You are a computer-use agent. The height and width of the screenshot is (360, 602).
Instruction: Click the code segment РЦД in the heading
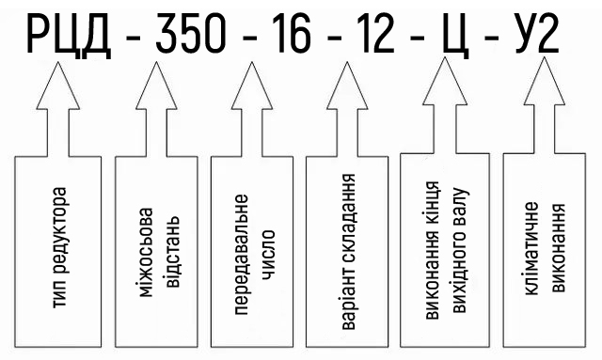[69, 35]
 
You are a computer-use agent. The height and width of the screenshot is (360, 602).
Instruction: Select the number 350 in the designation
[190, 34]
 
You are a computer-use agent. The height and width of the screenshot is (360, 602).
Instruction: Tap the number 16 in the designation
[294, 34]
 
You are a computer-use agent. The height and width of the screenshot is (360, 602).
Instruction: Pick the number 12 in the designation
[376, 34]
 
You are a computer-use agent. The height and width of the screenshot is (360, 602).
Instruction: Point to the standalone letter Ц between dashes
[456, 37]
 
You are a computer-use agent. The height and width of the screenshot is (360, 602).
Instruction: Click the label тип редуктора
[59, 247]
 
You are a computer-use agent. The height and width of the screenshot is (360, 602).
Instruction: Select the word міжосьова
[146, 253]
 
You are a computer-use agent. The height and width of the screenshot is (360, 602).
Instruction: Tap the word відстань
[172, 252]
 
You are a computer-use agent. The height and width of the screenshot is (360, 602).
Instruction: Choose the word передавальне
[241, 255]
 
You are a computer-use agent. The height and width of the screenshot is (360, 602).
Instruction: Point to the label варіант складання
[348, 252]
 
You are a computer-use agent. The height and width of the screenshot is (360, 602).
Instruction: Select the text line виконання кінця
[433, 250]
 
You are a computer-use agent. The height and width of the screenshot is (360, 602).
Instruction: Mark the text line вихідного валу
[459, 250]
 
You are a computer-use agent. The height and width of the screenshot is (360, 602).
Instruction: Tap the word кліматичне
[531, 249]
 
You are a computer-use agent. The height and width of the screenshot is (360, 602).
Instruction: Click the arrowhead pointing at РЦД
[58, 86]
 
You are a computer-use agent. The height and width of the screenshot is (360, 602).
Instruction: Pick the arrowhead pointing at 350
[156, 86]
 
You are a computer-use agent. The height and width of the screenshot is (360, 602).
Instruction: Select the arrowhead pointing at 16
[252, 86]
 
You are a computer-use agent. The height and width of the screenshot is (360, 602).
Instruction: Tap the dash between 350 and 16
[250, 39]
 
